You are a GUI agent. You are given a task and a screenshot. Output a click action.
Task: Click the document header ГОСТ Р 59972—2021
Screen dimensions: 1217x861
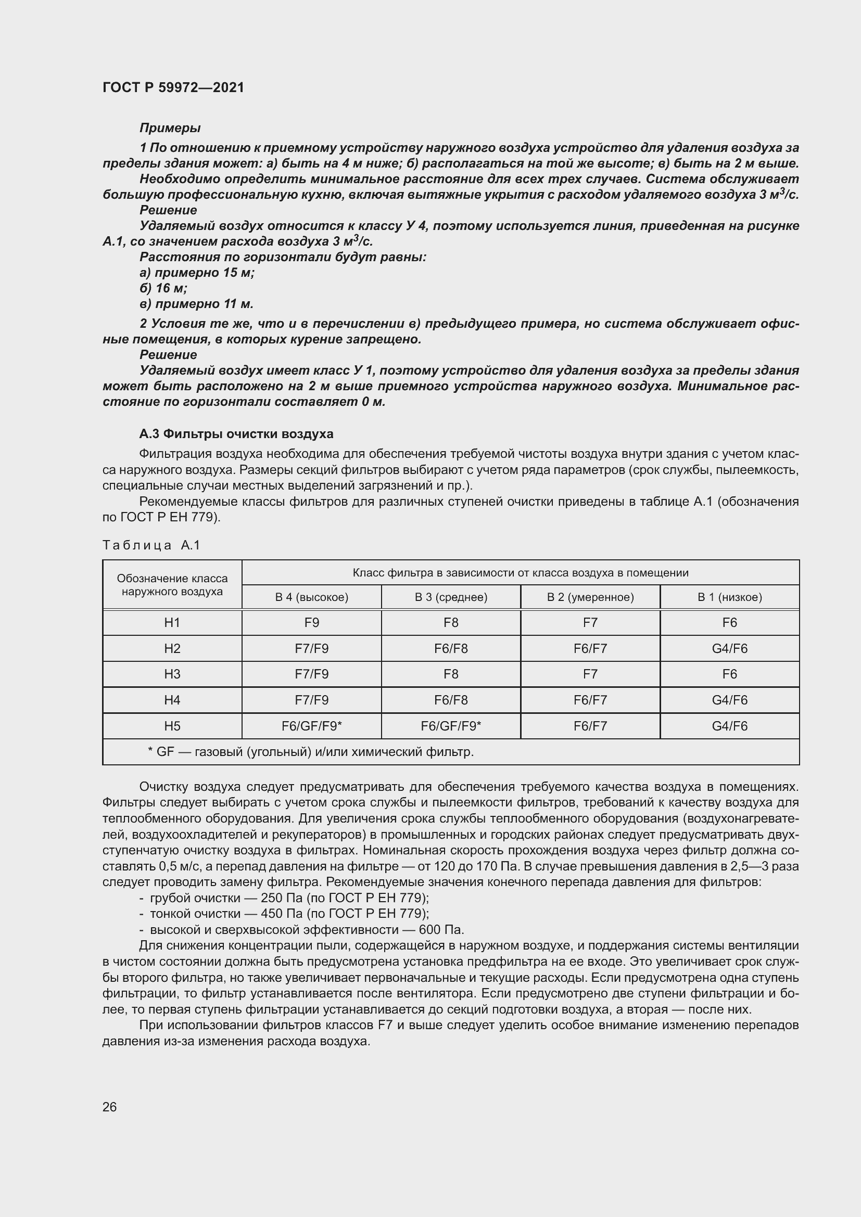pyautogui.click(x=173, y=87)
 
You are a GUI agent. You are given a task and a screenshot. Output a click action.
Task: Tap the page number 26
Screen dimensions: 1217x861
pyautogui.click(x=110, y=1107)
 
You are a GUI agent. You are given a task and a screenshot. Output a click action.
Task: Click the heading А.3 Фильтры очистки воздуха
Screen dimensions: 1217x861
pyautogui.click(x=236, y=434)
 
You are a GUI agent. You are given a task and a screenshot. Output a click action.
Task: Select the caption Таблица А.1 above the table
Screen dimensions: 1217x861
pyautogui.click(x=151, y=545)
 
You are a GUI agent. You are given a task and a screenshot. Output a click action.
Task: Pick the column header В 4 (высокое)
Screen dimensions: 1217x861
pyautogui.click(x=311, y=597)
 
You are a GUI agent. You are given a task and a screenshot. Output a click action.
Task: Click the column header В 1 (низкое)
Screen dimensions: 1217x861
pyautogui.click(x=729, y=597)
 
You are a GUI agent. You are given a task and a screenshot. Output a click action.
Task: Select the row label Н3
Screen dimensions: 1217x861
pyautogui.click(x=172, y=674)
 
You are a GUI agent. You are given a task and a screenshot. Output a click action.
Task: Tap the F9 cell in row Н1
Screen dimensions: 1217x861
pyautogui.click(x=311, y=623)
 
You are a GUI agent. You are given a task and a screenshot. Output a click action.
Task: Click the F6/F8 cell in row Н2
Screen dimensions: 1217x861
pyautogui.click(x=451, y=648)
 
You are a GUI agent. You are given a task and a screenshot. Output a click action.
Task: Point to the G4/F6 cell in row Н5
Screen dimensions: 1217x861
pyautogui.click(x=729, y=726)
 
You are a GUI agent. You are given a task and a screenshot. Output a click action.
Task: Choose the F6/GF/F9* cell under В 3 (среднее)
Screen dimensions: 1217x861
pyautogui.click(x=451, y=726)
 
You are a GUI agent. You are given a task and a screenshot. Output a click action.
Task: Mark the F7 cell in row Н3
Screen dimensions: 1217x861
pyautogui.click(x=590, y=674)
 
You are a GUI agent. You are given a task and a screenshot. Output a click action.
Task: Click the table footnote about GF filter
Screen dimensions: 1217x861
pyautogui.click(x=311, y=752)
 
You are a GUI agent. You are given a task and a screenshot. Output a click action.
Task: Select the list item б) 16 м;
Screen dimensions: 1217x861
pyautogui.click(x=163, y=288)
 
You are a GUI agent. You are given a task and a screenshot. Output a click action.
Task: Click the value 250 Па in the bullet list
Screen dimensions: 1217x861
pyautogui.click(x=282, y=898)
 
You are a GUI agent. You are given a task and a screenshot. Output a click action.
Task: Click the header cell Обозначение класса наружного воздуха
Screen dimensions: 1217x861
pyautogui.click(x=172, y=585)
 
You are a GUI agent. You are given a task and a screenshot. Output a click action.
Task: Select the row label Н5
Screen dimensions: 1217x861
pyautogui.click(x=172, y=726)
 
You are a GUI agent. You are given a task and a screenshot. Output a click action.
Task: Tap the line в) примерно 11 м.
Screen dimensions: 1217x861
pyautogui.click(x=196, y=304)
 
